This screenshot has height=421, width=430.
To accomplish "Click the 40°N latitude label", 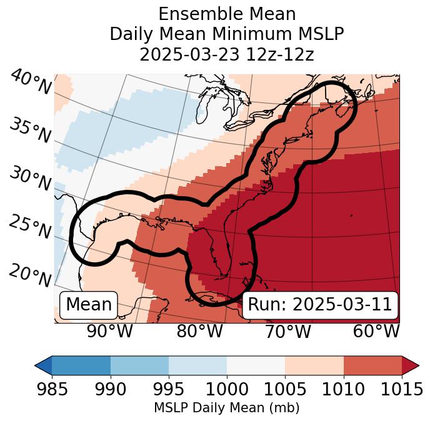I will pyautogui.click(x=31, y=82).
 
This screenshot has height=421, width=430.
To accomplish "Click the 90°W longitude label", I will pyautogui.click(x=110, y=331).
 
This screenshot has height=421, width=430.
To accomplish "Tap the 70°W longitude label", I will pyautogui.click(x=288, y=331).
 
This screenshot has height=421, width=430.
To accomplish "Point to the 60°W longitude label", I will pyautogui.click(x=376, y=331).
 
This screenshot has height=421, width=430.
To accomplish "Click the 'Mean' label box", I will pyautogui.click(x=89, y=305).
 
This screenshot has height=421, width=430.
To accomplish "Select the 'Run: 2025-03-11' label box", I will pyautogui.click(x=320, y=305).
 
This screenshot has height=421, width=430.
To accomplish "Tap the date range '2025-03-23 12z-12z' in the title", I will pyautogui.click(x=227, y=54).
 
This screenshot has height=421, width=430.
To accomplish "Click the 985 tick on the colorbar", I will pyautogui.click(x=52, y=389).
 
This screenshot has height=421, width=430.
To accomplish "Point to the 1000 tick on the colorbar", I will pyautogui.click(x=227, y=389).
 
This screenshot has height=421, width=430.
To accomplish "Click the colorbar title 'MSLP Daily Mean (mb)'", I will pyautogui.click(x=227, y=408).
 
